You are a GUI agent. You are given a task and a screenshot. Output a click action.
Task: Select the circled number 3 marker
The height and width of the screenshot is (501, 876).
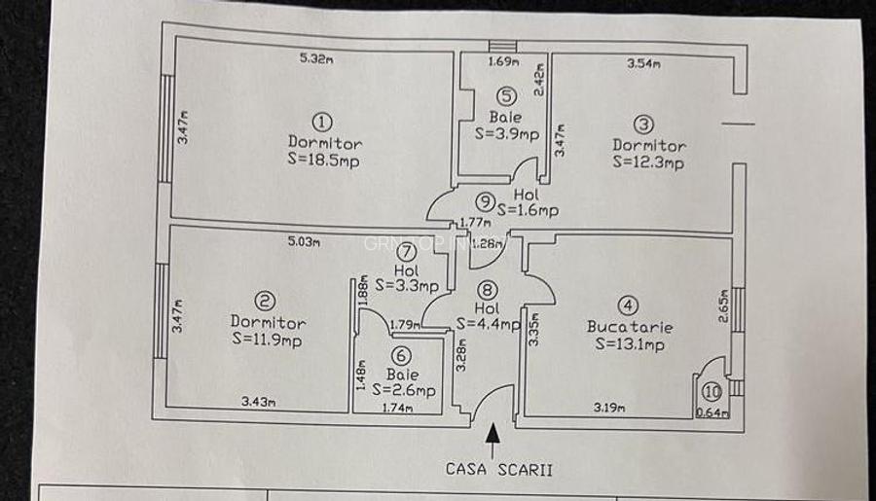tap(644, 125)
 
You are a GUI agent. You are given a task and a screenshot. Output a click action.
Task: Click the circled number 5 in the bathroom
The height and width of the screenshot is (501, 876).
tap(506, 95)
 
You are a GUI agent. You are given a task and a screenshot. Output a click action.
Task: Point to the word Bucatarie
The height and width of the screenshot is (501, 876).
tap(630, 327)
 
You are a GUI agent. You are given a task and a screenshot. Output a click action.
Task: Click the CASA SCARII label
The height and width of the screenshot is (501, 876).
tap(499, 468)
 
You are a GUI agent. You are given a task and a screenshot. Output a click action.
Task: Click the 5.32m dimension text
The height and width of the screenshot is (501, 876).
tap(315, 58)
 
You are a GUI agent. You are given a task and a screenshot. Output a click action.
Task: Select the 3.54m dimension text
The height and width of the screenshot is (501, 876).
tap(643, 65)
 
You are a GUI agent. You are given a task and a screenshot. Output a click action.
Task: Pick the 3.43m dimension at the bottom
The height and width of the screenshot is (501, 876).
tap(257, 400)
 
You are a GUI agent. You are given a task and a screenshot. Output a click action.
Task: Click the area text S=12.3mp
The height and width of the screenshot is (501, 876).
tap(648, 162)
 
